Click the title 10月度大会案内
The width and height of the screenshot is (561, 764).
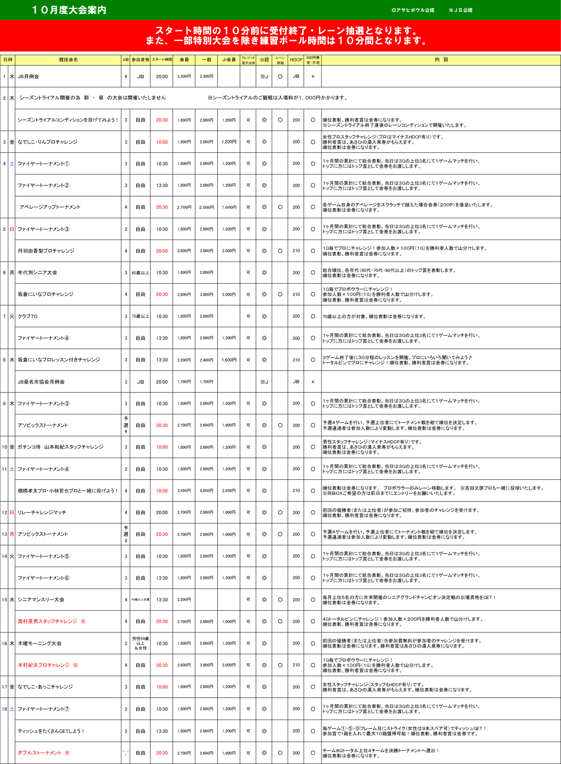(x=69, y=10)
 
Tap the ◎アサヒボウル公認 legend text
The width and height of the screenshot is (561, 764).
(x=412, y=10)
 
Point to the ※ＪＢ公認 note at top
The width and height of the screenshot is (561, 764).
(x=460, y=10)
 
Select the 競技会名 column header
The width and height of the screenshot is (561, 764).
(x=68, y=60)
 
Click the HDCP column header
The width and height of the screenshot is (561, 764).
(x=296, y=60)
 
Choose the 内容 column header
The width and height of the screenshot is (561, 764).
(x=441, y=60)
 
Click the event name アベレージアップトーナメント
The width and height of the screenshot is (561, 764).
(x=50, y=207)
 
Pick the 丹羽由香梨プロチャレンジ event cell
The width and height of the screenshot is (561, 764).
(x=46, y=251)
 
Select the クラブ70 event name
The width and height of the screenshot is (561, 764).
(x=27, y=316)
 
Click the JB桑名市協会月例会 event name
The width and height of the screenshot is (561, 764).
(x=41, y=382)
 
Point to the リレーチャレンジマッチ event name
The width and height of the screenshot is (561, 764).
(x=42, y=512)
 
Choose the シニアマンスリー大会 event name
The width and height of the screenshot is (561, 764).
(x=41, y=600)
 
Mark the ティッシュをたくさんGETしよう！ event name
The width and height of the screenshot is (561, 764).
(x=51, y=731)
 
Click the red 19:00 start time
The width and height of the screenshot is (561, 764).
(x=162, y=491)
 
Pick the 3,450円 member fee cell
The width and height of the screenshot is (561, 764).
(x=184, y=491)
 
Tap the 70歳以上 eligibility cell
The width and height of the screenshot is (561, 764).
(x=140, y=316)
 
